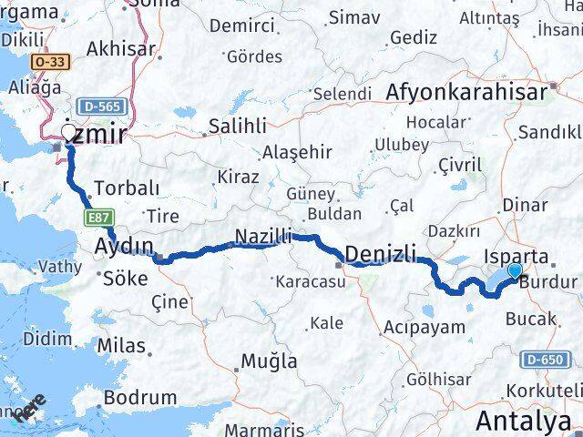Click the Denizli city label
coord(382,252)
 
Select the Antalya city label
coord(525,422)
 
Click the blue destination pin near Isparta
coord(516,270)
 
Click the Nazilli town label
coord(262,237)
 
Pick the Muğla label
coord(269,361)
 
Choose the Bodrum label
coord(140,397)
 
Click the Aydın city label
coord(123,246)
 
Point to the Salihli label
coord(237,127)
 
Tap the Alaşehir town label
coord(291,152)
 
